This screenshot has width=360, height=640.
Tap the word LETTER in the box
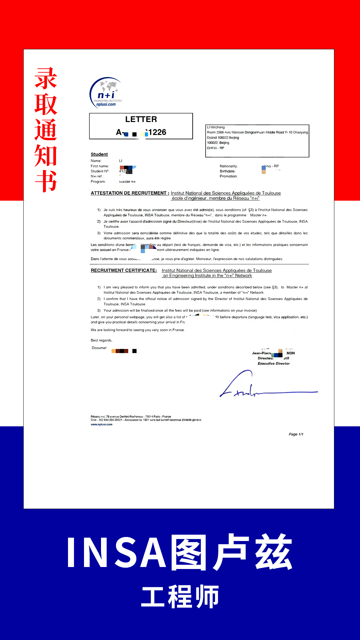click(141, 119)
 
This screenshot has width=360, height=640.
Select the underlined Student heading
click(99, 154)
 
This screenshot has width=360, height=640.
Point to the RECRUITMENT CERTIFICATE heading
click(124, 270)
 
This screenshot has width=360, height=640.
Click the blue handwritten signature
click(253, 387)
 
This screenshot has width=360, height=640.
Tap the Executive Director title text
click(274, 364)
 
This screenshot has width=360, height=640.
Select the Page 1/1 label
click(296, 434)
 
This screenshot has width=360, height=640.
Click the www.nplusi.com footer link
click(102, 425)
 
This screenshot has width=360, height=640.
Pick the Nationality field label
click(229, 166)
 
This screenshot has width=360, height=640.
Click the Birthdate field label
click(228, 171)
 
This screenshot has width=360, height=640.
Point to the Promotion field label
click(229, 176)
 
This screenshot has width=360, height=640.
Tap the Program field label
click(98, 182)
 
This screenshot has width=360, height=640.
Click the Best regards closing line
click(102, 340)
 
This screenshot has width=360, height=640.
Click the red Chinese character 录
click(46, 79)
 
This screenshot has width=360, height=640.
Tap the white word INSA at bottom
click(117, 553)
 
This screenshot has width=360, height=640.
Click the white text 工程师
click(180, 597)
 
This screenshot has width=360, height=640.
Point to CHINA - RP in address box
click(216, 148)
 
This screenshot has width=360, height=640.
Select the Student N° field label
click(100, 171)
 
